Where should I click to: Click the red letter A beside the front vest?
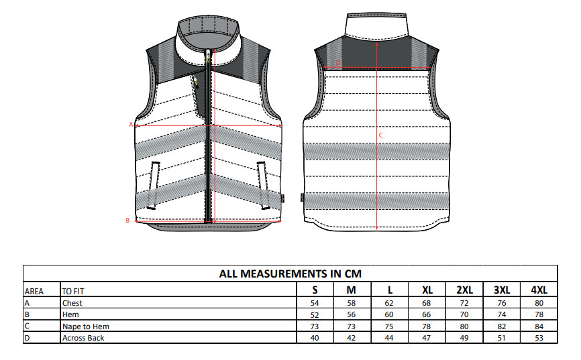(x=131, y=125)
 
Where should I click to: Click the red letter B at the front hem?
(x=127, y=221)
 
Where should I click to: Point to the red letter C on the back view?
(x=381, y=135)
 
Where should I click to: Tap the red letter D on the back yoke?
(x=338, y=63)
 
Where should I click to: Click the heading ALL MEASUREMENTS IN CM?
(x=290, y=274)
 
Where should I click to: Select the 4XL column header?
(x=539, y=290)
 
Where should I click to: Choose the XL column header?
(x=427, y=290)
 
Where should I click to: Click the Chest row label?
(x=72, y=303)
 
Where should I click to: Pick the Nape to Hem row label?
(x=86, y=326)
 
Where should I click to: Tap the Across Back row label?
(x=83, y=338)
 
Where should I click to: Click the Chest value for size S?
(x=315, y=303)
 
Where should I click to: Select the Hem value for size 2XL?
(x=464, y=314)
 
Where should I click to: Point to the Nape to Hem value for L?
(x=389, y=326)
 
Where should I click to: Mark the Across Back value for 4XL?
(x=539, y=338)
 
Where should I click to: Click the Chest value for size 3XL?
(x=502, y=303)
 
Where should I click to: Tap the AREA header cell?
(x=34, y=292)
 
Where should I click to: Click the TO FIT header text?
(x=73, y=292)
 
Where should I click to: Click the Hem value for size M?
(x=352, y=314)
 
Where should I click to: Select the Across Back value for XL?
(x=427, y=338)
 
